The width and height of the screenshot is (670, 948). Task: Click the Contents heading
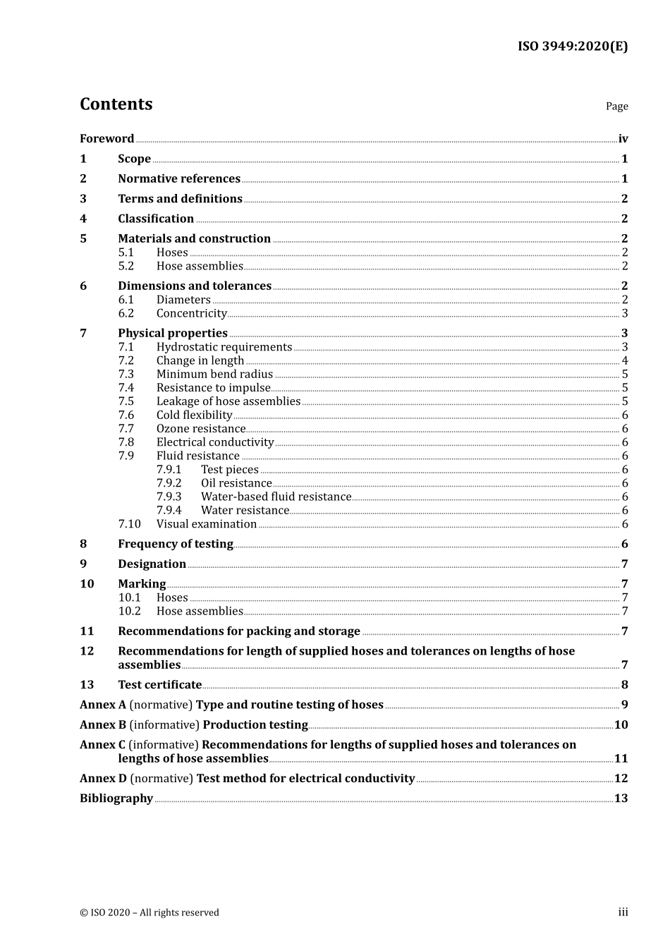click(x=116, y=104)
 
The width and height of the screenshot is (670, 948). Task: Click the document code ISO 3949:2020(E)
click(x=572, y=47)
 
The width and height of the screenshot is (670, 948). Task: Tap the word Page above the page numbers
click(x=616, y=106)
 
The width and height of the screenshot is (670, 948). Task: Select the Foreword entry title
click(x=106, y=138)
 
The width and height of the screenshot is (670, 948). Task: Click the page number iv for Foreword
click(x=623, y=138)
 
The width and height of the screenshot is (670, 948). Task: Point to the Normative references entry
click(x=179, y=178)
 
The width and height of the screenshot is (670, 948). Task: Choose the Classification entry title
click(x=156, y=219)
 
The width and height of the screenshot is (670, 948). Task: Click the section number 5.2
click(x=126, y=266)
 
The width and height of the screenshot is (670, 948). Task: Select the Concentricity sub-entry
click(x=191, y=313)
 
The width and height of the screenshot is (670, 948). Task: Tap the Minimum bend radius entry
click(x=214, y=374)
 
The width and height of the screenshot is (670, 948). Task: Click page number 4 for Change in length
click(x=625, y=360)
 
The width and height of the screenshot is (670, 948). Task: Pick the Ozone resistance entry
click(x=201, y=428)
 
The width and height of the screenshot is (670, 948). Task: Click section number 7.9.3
click(x=169, y=497)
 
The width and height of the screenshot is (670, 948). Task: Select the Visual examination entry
click(x=206, y=523)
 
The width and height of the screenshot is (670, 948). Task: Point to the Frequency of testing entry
click(x=176, y=544)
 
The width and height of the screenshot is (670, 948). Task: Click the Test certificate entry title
click(x=159, y=684)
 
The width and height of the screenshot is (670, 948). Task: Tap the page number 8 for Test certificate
click(x=625, y=684)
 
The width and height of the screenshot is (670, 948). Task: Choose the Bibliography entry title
click(x=116, y=798)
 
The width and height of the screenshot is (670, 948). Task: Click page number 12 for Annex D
click(x=621, y=778)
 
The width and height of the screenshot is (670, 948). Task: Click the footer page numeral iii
click(x=623, y=912)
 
